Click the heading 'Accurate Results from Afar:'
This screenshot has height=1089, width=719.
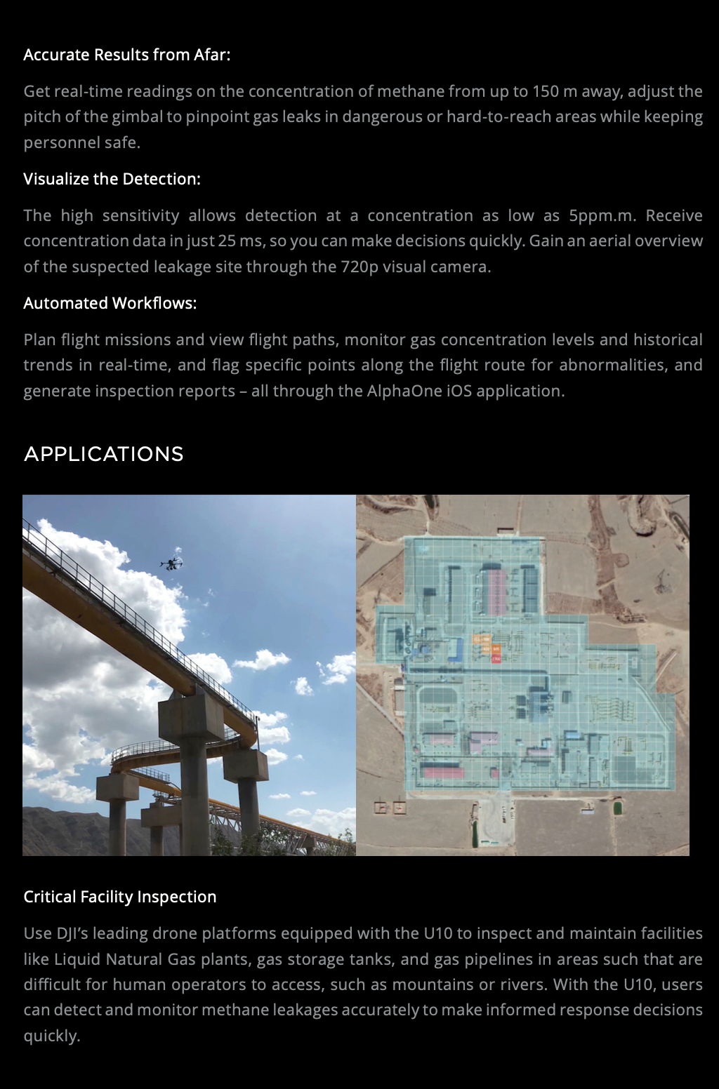[126, 55]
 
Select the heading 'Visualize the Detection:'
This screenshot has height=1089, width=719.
[112, 179]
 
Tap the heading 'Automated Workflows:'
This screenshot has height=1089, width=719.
[110, 303]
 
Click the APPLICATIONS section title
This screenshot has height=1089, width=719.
[104, 454]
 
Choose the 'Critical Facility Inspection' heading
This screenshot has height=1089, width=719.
[119, 897]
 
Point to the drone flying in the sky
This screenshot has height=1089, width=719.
[171, 562]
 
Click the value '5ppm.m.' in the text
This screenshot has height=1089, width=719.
[602, 215]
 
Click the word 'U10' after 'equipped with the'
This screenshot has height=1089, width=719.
[437, 933]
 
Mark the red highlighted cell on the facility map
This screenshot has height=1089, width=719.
[496, 659]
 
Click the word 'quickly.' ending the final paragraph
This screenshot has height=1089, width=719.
[51, 1036]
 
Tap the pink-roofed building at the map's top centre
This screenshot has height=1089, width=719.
[496, 592]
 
